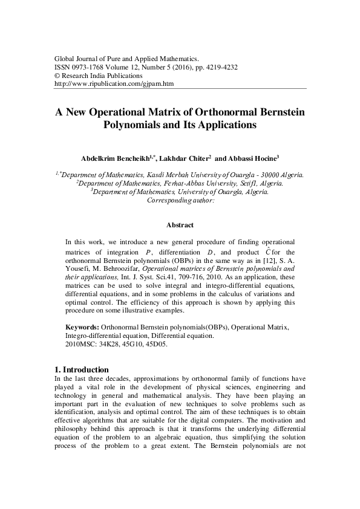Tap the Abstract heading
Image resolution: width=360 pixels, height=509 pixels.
click(180, 225)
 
